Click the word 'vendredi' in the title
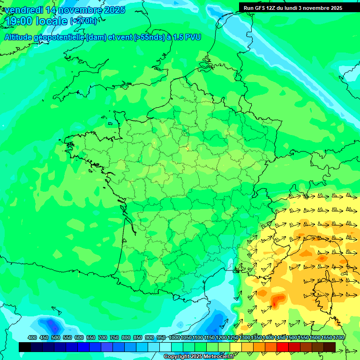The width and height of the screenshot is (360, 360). [23, 10]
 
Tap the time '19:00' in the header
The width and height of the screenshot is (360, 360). [19, 21]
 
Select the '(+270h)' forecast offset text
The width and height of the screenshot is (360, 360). [83, 21]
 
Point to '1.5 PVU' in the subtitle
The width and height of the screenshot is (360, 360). [187, 37]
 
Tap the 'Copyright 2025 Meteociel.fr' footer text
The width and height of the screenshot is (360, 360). [199, 357]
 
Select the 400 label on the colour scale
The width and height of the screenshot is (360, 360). [32, 337]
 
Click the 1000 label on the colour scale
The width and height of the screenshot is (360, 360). [174, 337]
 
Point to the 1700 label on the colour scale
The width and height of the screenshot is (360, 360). [339, 337]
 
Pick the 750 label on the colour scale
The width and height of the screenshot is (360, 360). [114, 337]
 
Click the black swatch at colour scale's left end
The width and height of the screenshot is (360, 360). [25, 347]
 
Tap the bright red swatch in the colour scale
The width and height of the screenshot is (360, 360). [283, 347]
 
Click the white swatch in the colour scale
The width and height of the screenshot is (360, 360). [165, 347]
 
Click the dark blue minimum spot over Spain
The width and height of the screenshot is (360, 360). [52, 324]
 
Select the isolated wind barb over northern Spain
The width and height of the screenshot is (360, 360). [56, 310]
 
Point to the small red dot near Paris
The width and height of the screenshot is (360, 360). [187, 149]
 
